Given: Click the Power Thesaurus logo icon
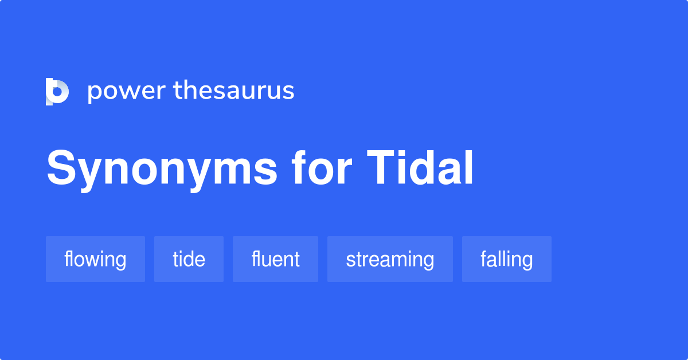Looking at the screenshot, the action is pos(57,92).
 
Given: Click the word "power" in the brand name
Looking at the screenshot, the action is pos(127,92).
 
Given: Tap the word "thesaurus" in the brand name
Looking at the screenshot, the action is pos(234,90).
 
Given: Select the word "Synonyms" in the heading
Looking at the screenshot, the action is pos(162,170).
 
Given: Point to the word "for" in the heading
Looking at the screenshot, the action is pos(322,168).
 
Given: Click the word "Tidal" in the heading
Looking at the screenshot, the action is pos(420,168).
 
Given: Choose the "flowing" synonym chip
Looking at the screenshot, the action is pos(95,259).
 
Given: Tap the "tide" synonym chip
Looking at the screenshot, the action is pos(189,259).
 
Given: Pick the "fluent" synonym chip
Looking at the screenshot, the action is pos(276,259).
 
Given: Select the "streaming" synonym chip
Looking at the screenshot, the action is pos(390,259).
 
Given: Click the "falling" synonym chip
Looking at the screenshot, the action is pos(507,259).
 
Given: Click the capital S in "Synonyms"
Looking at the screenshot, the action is pos(62,167).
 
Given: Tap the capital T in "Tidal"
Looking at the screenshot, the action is pos(381,168).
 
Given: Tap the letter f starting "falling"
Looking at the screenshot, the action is pos(484,259).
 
